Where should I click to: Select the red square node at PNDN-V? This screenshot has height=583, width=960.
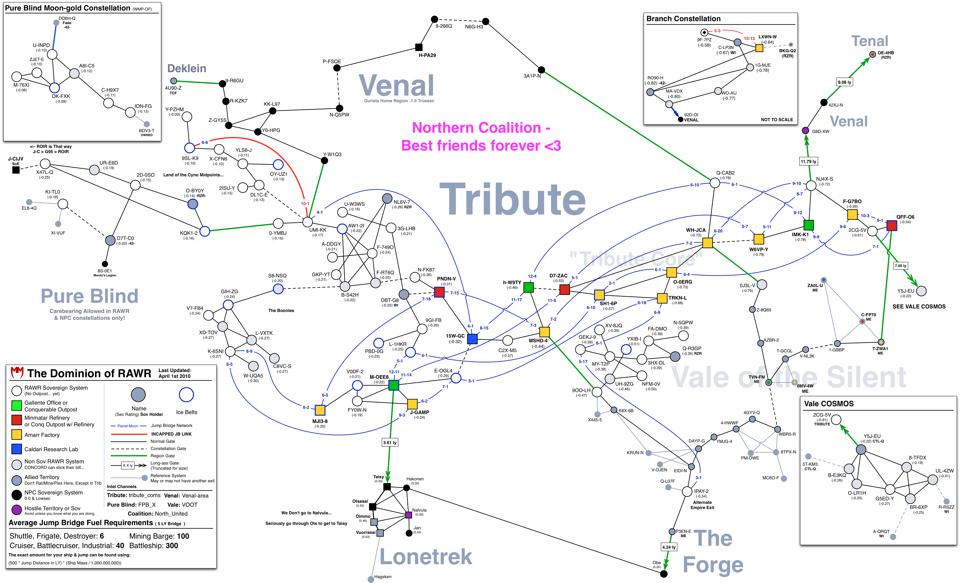(x=439, y=292)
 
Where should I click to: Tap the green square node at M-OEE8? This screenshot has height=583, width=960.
(x=394, y=385)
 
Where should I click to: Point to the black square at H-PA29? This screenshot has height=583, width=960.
(x=419, y=47)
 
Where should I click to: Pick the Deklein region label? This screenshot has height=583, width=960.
(x=187, y=69)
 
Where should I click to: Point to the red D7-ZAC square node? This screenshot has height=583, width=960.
(x=565, y=289)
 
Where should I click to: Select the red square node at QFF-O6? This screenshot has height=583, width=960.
(x=891, y=225)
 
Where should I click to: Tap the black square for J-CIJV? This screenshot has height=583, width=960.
(x=16, y=170)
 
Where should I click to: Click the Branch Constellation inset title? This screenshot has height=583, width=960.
(x=683, y=19)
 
